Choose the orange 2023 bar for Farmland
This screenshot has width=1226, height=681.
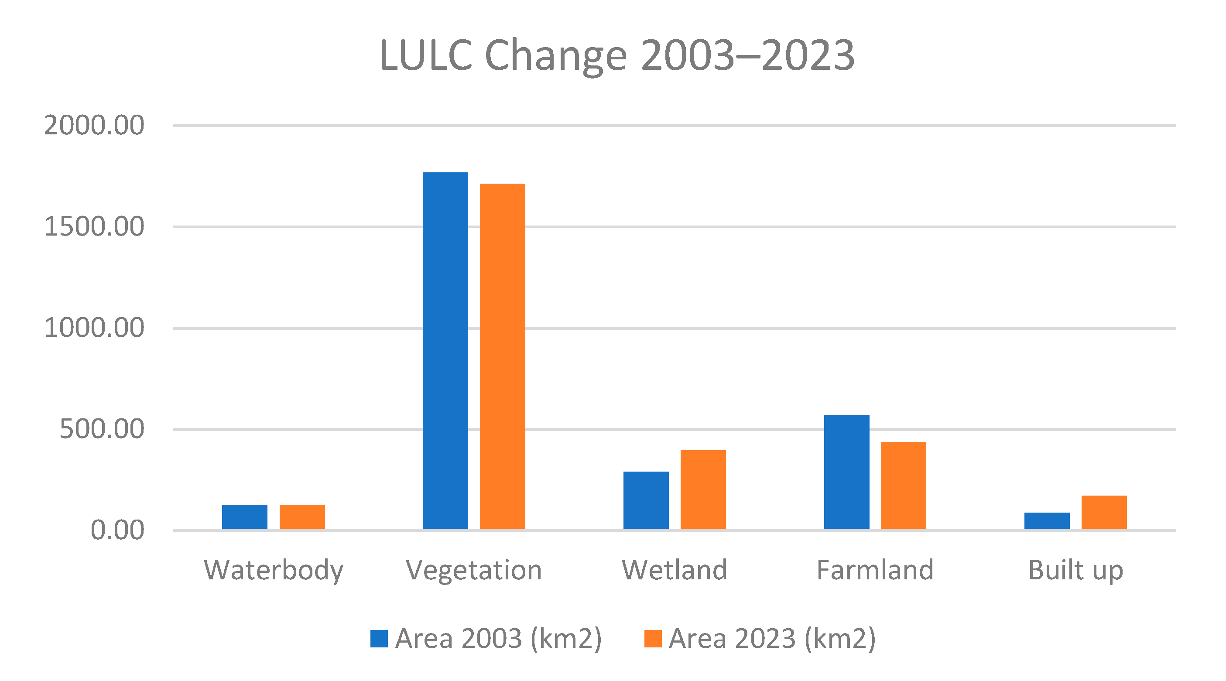pyautogui.click(x=903, y=485)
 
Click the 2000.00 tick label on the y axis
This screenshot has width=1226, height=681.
pyautogui.click(x=94, y=126)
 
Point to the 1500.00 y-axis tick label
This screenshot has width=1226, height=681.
pyautogui.click(x=94, y=226)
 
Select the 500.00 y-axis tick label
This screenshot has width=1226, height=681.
pyautogui.click(x=101, y=429)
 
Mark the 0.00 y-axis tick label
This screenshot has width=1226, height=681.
pyautogui.click(x=117, y=530)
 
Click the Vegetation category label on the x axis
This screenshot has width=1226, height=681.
pyautogui.click(x=473, y=570)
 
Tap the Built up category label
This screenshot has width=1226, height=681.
pyautogui.click(x=1075, y=570)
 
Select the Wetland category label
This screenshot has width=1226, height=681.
pyautogui.click(x=675, y=570)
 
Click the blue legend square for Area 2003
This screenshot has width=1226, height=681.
pyautogui.click(x=379, y=639)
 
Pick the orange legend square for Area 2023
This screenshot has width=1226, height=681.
pyautogui.click(x=653, y=639)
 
